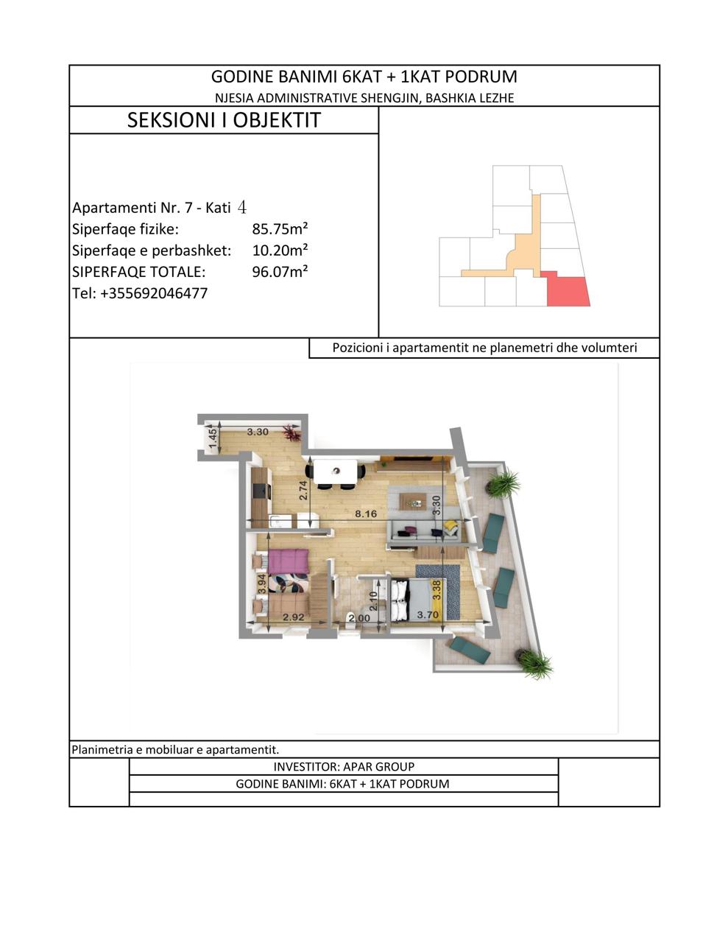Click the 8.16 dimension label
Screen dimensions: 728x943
pyautogui.click(x=366, y=513)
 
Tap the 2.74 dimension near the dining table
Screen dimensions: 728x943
pyautogui.click(x=303, y=490)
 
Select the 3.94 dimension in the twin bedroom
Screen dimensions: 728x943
pyautogui.click(x=261, y=584)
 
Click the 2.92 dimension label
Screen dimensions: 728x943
pyautogui.click(x=294, y=617)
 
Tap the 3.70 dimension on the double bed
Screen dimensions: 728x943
pyautogui.click(x=428, y=615)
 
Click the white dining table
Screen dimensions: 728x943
pyautogui.click(x=336, y=471)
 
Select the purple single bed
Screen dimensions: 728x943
pyautogui.click(x=288, y=561)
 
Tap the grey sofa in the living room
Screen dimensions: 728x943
pyautogui.click(x=424, y=530)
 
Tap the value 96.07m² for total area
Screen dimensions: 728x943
pyautogui.click(x=280, y=272)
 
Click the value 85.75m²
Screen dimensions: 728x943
pyautogui.click(x=280, y=229)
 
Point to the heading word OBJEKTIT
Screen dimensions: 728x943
pyautogui.click(x=277, y=120)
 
